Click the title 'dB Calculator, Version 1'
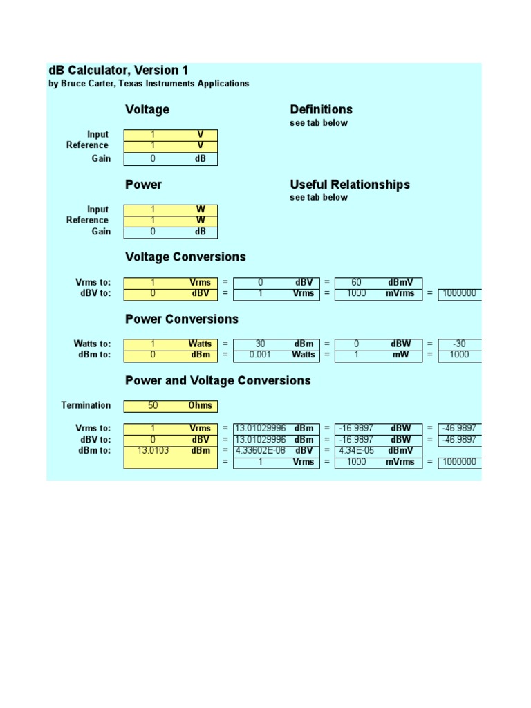pyautogui.click(x=118, y=71)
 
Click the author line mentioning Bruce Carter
pyautogui.click(x=149, y=84)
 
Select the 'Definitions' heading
pyautogui.click(x=321, y=109)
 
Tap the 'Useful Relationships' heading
pyautogui.click(x=350, y=185)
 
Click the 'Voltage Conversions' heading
pyautogui.click(x=185, y=257)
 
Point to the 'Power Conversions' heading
pyautogui.click(x=182, y=319)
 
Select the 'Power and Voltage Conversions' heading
pyautogui.click(x=218, y=381)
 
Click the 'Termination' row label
pyautogui.click(x=86, y=406)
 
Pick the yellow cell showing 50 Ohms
pyautogui.click(x=170, y=406)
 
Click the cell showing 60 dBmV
pyautogui.click(x=378, y=282)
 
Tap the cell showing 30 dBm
pyautogui.click(x=277, y=344)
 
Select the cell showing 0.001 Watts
pyautogui.click(x=277, y=355)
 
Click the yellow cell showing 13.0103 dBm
pyautogui.click(x=170, y=451)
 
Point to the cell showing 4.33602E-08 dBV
pyautogui.click(x=277, y=451)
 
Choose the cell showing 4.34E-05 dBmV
pyautogui.click(x=378, y=451)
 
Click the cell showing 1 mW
pyautogui.click(x=378, y=355)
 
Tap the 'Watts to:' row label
pyautogui.click(x=92, y=344)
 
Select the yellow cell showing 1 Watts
pyautogui.click(x=170, y=344)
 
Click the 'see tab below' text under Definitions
pyautogui.click(x=319, y=123)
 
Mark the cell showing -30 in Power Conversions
pyautogui.click(x=459, y=344)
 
